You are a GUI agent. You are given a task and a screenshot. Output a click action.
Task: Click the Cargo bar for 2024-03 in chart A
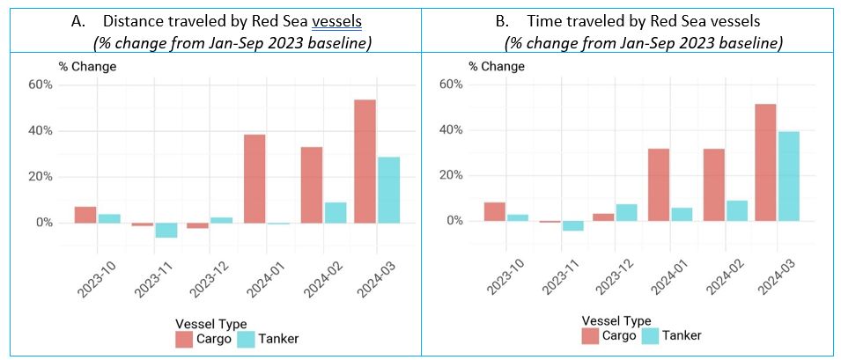tap(364, 161)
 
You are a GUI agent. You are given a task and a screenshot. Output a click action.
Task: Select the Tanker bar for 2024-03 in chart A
tap(387, 189)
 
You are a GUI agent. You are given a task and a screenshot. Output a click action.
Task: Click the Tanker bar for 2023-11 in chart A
tap(166, 230)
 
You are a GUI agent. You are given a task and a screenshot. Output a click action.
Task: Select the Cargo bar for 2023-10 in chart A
tap(85, 215)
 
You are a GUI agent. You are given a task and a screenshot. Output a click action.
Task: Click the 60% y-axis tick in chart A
tap(41, 84)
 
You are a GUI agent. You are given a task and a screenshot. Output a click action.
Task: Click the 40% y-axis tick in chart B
tap(451, 130)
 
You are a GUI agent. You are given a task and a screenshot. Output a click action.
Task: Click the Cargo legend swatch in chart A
tap(183, 338)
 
